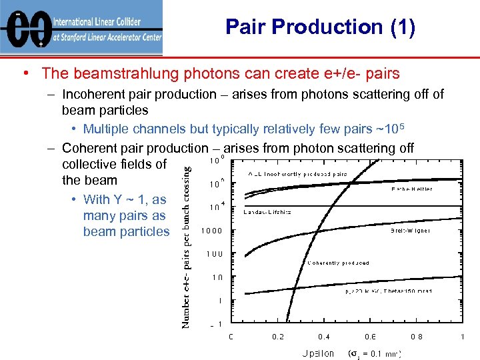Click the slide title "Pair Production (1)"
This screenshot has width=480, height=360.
pos(320,27)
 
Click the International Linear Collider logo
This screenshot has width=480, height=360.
pos(81,28)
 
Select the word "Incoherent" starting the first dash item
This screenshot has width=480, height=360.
pos(94,94)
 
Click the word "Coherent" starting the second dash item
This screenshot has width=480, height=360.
pos(89,147)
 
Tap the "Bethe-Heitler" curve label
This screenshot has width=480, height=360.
pos(411,189)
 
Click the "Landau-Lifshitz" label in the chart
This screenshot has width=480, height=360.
pos(267,212)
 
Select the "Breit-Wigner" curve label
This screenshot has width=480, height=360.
pos(410,231)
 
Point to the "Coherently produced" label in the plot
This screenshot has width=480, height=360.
pos(338,263)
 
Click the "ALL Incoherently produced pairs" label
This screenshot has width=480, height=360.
pos(297,173)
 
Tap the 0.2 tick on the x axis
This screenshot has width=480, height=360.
pos(277,337)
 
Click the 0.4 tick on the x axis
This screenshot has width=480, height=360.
pos(323,337)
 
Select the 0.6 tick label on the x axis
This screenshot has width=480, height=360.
pos(370,337)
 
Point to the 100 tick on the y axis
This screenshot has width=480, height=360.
pos(215,254)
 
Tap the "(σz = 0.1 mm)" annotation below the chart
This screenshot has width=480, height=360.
pos(375,353)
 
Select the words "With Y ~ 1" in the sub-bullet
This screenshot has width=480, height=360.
pos(117,199)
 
